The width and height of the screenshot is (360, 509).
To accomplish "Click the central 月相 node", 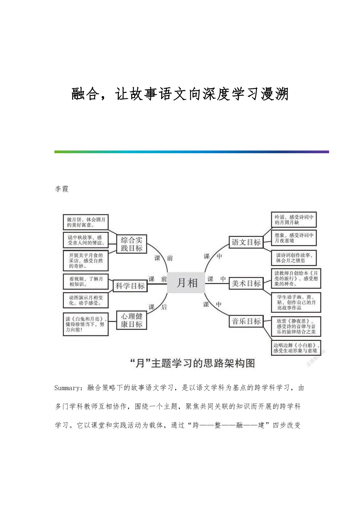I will pos(186,282).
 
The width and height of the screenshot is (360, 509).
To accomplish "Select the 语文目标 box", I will pos(246,242).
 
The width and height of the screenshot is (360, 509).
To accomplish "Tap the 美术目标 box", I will pos(246,283).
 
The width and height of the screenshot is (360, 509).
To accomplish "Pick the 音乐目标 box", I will pos(246,321).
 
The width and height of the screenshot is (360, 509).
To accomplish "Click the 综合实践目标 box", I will pos(131,244).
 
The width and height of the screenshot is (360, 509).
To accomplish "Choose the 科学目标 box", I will pos(130,286).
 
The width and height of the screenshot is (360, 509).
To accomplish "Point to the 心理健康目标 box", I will pos(131,320).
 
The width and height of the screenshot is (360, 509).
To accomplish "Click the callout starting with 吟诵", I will pos(294,220).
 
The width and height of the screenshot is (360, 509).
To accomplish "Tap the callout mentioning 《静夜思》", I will pos(296,326).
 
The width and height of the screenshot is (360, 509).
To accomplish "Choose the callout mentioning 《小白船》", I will pos(296,348).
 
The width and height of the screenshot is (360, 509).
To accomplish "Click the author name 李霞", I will pos(61,189).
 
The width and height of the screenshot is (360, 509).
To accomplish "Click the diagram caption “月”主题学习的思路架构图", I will pos(192,364).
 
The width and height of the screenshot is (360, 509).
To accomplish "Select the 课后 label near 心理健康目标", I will pos(157,307).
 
